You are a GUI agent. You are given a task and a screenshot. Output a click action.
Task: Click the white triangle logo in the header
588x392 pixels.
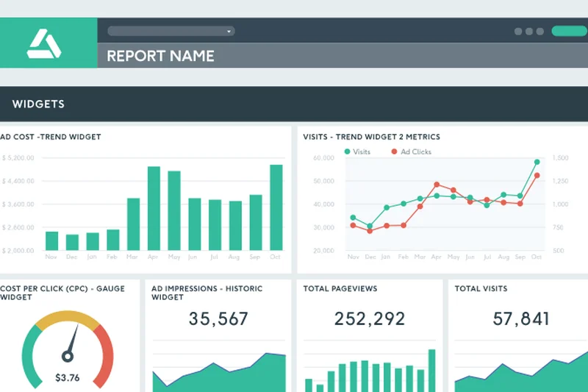tap(44, 43)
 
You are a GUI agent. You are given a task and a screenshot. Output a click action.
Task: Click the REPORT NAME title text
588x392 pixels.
tap(160, 56)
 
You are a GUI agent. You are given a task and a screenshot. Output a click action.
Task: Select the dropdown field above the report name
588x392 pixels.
tap(171, 31)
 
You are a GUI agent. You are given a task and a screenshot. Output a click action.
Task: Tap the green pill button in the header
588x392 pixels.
tap(569, 31)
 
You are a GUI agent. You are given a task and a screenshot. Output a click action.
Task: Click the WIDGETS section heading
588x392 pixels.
tap(38, 104)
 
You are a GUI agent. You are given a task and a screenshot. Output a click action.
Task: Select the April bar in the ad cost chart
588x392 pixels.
tap(154, 208)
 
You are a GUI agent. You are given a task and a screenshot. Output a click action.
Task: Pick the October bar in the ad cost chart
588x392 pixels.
tap(276, 207)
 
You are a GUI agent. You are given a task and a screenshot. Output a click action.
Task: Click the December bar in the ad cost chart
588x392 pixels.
tap(72, 243)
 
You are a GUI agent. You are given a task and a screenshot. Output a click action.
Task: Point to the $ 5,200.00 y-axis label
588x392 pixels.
tap(18, 158)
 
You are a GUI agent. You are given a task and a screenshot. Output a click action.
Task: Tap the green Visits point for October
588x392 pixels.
tap(537, 162)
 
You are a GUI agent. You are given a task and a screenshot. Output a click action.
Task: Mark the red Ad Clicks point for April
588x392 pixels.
tap(437, 185)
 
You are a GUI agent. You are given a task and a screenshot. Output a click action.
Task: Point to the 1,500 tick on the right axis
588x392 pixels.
tap(560, 158)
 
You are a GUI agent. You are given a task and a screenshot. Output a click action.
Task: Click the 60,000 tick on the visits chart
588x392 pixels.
tap(323, 158)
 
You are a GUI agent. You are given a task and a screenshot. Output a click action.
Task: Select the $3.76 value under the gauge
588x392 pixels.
tap(68, 378)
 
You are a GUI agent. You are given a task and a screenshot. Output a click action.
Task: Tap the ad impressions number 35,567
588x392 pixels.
tap(218, 318)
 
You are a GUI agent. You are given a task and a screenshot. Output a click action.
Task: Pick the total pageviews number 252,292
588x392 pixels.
tap(370, 318)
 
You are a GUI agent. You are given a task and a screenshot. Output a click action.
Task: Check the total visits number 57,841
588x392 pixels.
tap(521, 318)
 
